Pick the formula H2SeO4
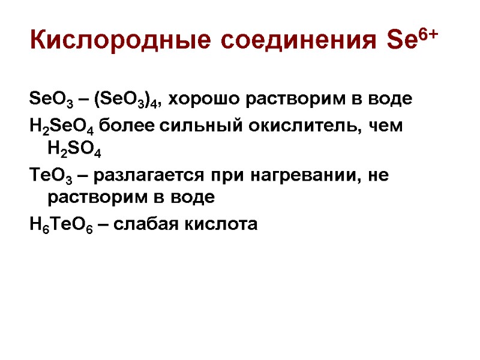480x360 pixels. [61, 127]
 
